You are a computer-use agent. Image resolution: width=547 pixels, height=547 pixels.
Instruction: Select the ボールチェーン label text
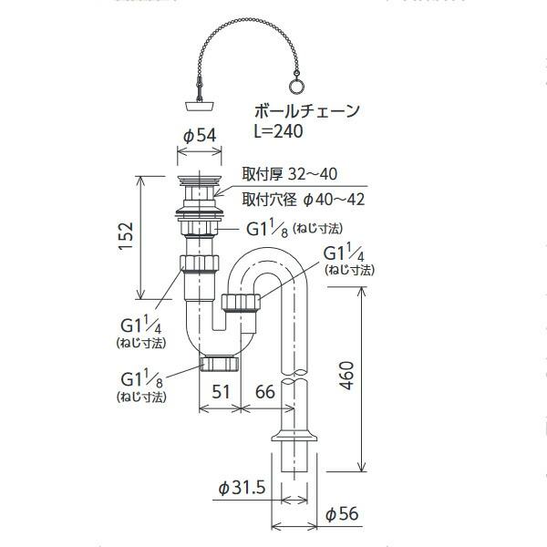tap(306, 112)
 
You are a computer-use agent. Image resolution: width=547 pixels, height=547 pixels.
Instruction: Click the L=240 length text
tap(278, 131)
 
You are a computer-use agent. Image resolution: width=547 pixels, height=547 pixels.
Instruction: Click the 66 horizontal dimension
tap(263, 393)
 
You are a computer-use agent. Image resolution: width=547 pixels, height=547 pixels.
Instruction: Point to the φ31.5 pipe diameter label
tap(242, 490)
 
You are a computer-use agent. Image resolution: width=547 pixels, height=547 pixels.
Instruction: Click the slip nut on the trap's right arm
tap(242, 304)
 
